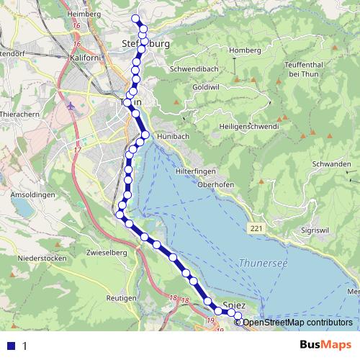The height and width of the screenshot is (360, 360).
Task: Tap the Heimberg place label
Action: click(79, 13)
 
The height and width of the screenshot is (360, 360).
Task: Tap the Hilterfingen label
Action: click(195, 171)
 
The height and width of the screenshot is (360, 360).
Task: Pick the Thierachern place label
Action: click(21, 114)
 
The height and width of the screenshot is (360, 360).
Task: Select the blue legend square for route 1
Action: click(12, 345)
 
